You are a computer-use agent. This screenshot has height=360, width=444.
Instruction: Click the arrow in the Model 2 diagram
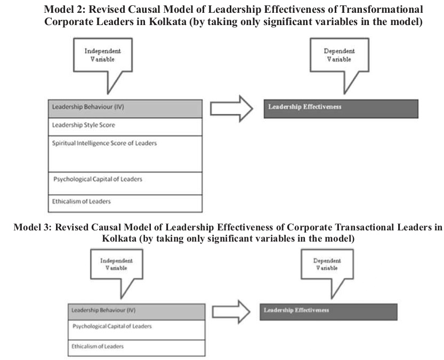click(x=231, y=109)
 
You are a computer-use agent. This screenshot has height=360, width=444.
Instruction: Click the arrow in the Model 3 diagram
click(x=231, y=312)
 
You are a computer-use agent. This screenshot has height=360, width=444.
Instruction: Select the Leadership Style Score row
click(x=125, y=126)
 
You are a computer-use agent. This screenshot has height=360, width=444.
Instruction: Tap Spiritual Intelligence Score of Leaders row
click(x=125, y=154)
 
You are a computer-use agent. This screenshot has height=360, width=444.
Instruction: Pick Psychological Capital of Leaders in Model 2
click(x=125, y=183)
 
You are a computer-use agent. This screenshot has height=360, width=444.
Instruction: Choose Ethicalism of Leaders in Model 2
click(x=125, y=203)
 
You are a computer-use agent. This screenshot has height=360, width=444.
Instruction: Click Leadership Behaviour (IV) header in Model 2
click(x=125, y=108)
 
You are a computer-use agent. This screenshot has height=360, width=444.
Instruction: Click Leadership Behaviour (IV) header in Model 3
click(x=136, y=312)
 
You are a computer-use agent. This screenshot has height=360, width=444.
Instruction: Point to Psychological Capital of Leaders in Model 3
click(x=136, y=330)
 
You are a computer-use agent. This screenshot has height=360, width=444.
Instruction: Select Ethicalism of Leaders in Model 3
click(x=136, y=348)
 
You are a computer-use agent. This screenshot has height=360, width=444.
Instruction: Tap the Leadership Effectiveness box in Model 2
click(x=341, y=109)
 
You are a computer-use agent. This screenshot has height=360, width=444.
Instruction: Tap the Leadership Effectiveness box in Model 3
click(x=328, y=312)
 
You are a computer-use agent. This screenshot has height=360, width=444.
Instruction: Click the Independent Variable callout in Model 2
click(x=103, y=55)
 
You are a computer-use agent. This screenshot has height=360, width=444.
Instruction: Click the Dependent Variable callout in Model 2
click(x=339, y=55)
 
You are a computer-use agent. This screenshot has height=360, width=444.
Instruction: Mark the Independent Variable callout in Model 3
click(x=116, y=264)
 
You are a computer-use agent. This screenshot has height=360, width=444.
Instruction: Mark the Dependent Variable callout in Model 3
click(x=327, y=264)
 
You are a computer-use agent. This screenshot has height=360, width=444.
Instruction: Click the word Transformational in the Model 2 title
click(x=382, y=10)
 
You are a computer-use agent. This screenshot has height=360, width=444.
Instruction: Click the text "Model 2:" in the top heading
click(x=65, y=10)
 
